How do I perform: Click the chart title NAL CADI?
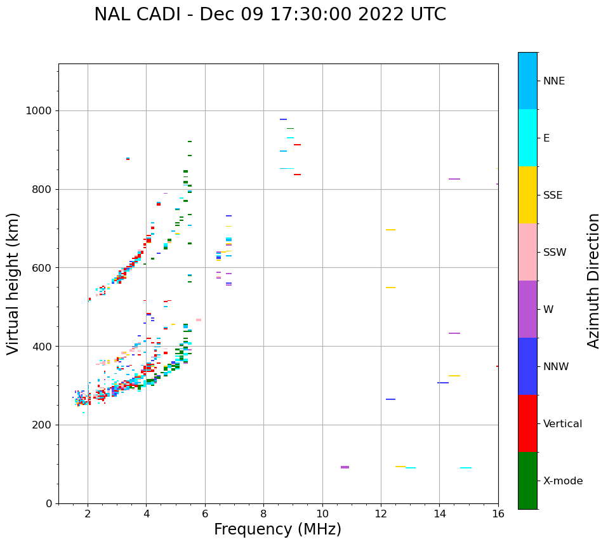point(270,15)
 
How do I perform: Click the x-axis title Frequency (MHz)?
point(277,529)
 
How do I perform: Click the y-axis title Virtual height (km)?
point(13,284)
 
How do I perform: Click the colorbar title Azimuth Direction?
point(593,281)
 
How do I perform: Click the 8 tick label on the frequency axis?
point(263,514)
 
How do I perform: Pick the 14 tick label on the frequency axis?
point(439,514)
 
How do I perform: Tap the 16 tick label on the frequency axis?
point(498,514)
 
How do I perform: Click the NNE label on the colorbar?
point(553,81)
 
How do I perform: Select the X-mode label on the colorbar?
point(563,481)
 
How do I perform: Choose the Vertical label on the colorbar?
point(562,424)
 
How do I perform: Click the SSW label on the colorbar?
point(555,253)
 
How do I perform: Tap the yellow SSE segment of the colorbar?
point(527,195)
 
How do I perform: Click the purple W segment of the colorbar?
point(527,309)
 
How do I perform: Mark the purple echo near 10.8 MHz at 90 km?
point(345,467)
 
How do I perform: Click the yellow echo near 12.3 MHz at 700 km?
point(390,230)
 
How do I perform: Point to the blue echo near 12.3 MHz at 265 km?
point(390,399)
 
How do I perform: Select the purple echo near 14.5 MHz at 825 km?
point(454,179)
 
